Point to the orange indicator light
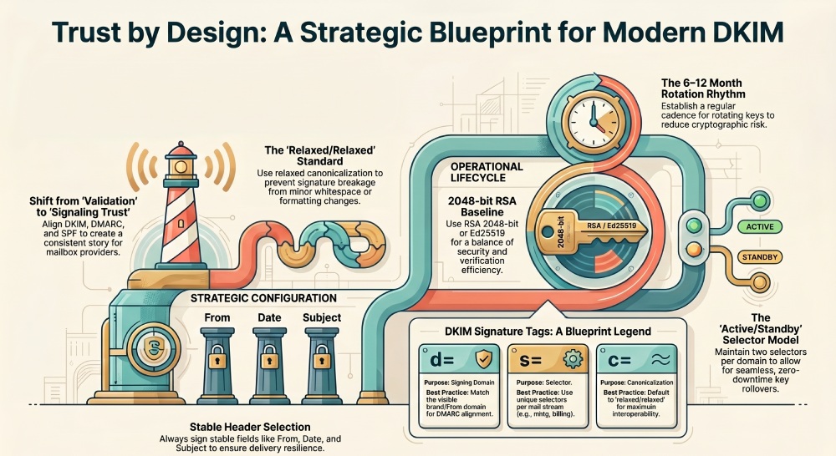tap(691, 249)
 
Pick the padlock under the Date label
tap(270, 359)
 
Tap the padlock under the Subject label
tap(322, 359)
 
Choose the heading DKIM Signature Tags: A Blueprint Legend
tap(544, 331)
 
